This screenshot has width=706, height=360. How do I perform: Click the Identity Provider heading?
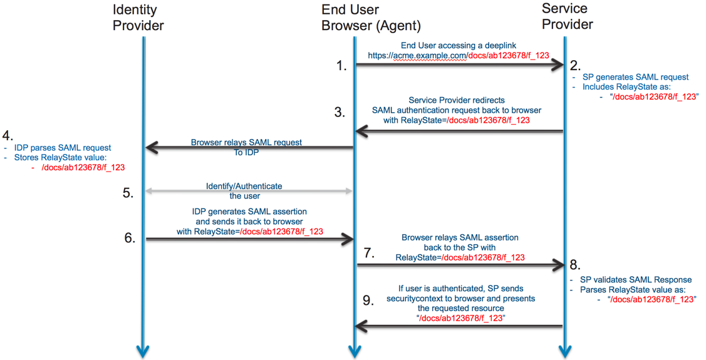click(x=138, y=18)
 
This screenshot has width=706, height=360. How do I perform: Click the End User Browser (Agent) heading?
click(x=371, y=18)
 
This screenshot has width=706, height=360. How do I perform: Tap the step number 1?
click(x=341, y=66)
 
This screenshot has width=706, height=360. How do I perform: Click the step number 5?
click(x=128, y=193)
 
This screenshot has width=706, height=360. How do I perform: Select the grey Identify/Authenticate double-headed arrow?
click(x=249, y=191)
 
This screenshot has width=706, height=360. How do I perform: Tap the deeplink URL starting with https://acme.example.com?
click(x=459, y=56)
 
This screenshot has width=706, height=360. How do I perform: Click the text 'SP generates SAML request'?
click(x=635, y=77)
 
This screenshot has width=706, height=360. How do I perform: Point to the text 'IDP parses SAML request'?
click(x=63, y=148)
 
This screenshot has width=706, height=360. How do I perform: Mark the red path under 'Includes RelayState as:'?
click(x=654, y=97)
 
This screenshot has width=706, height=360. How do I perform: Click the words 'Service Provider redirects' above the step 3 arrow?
click(x=456, y=100)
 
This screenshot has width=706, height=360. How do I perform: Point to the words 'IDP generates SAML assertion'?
click(x=249, y=212)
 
